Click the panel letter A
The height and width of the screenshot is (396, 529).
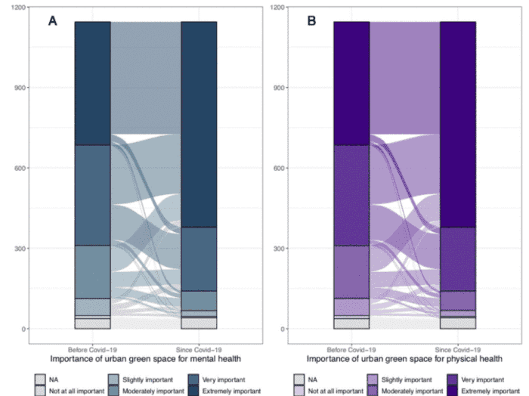53,22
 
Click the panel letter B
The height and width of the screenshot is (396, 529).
311,22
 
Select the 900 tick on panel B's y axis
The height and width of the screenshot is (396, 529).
277,88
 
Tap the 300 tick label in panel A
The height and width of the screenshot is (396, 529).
20,249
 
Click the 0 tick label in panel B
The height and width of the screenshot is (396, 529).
282,329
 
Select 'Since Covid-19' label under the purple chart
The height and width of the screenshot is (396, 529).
458,350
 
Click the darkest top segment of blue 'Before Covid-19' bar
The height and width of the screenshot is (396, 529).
92,83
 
